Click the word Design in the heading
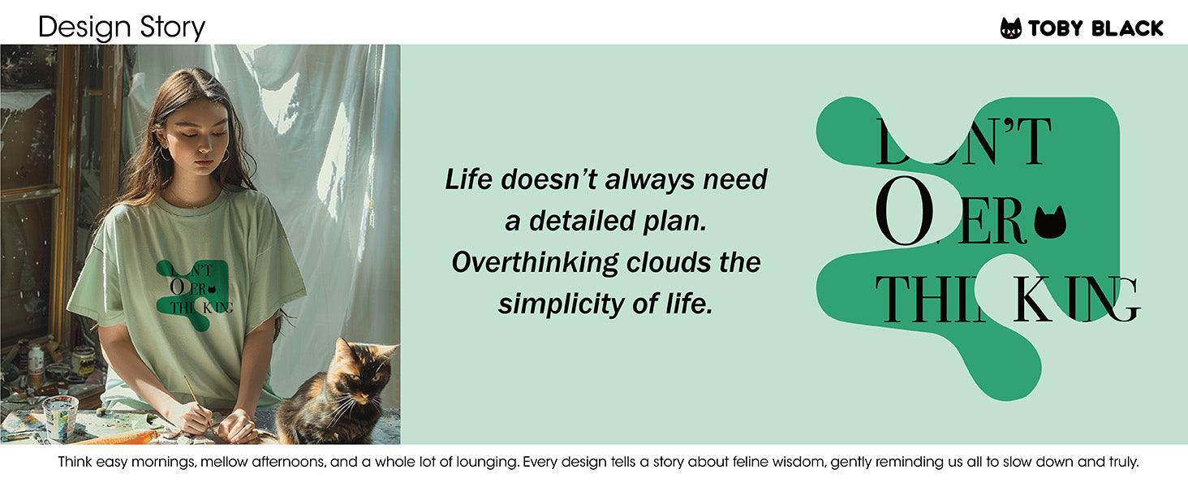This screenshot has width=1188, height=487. coord(84,28)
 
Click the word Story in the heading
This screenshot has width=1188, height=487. coord(172,28)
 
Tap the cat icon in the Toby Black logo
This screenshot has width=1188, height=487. coord(1010,28)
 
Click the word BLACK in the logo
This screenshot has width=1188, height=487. coord(1127,28)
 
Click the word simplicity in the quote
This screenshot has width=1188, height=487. coord(561,304)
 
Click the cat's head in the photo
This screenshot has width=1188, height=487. coord(364,369)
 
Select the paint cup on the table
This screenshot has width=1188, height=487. coord(60,417)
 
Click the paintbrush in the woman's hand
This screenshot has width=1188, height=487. coord(198,404)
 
